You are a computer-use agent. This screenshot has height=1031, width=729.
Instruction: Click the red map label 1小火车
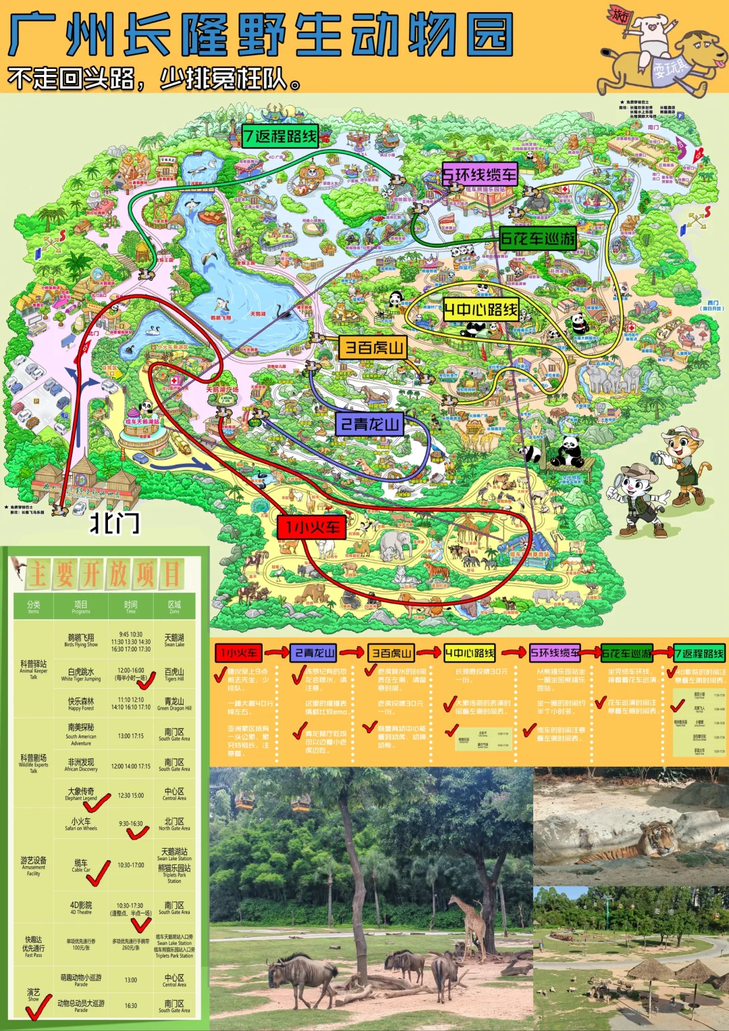311,527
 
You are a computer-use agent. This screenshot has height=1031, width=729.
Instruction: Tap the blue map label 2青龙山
370,424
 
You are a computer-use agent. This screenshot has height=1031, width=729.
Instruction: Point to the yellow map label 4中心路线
481,310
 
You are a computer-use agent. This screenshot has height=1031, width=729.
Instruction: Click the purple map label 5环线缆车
480,175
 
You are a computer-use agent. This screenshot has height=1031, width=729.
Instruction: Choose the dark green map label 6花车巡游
538,238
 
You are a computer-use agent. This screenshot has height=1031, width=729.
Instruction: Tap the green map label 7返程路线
280,136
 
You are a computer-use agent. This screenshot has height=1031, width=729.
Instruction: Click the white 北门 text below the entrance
115,523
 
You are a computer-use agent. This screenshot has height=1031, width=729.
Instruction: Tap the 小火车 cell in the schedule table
81,824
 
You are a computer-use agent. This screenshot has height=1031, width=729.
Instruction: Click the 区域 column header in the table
174,606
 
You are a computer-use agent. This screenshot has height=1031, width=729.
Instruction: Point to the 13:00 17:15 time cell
131,736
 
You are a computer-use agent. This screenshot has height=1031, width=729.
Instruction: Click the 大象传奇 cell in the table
81,793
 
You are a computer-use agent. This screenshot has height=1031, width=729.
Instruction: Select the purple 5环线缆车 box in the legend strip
555,653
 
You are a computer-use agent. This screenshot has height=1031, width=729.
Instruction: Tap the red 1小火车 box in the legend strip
238,653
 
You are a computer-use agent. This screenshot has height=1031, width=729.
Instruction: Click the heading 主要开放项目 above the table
105,574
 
